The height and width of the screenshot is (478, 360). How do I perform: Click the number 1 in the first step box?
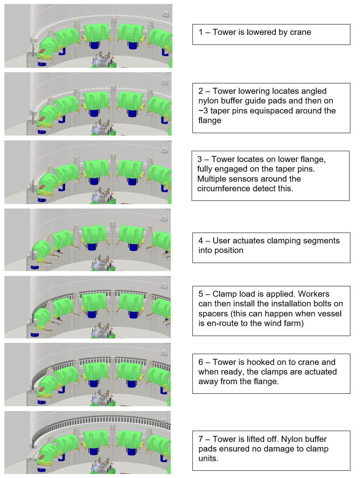point(200,32)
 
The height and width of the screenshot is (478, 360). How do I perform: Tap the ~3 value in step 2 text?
point(203,111)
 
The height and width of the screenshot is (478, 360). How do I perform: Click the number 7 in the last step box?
point(200,440)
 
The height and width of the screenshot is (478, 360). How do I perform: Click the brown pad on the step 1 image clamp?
point(42,51)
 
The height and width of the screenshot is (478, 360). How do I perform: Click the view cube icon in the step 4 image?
point(164,218)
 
